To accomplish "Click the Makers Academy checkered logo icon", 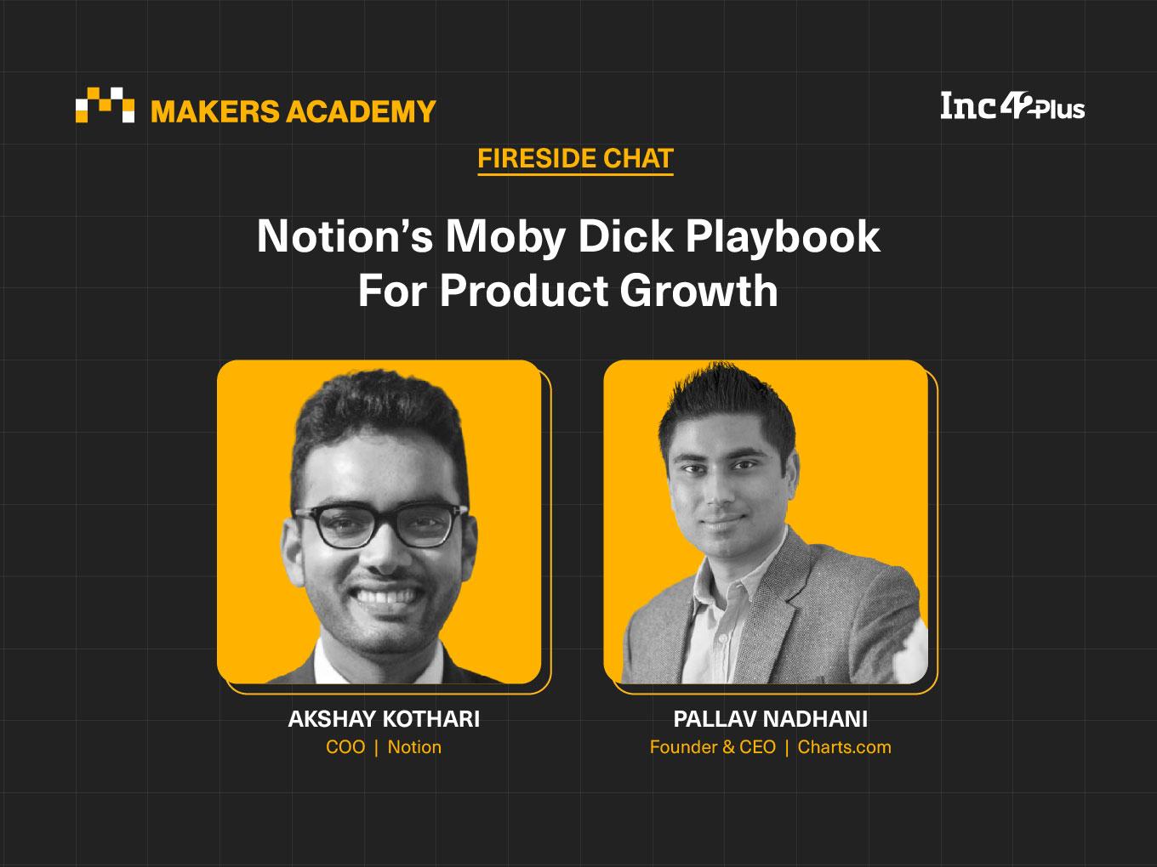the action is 105,105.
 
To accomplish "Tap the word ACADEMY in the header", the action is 361,111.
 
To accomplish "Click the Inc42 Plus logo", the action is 1012,107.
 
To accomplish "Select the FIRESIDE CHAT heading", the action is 576,158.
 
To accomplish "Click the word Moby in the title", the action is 505,237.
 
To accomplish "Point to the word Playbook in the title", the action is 783,237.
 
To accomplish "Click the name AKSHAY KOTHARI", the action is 384,719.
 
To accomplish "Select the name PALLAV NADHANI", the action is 770,719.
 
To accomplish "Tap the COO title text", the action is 345,747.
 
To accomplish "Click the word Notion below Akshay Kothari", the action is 414,747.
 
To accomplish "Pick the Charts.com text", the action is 845,747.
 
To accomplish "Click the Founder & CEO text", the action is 713,747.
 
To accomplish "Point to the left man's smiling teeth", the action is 386,598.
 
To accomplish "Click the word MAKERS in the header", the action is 215,111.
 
